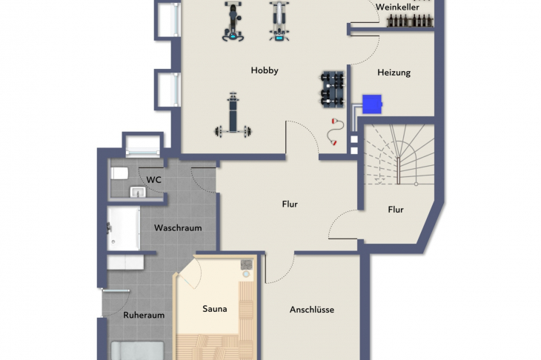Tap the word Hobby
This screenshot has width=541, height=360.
(x=265, y=71)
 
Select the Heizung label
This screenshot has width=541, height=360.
(x=394, y=73)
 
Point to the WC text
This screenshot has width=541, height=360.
(x=154, y=180)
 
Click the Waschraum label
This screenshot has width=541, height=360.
(x=177, y=228)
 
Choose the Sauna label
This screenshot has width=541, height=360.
(x=215, y=309)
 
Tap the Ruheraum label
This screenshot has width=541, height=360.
(x=144, y=315)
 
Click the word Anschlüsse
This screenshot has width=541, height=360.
(x=311, y=310)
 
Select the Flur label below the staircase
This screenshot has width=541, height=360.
(x=396, y=210)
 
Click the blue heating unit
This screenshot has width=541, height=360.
(x=372, y=104)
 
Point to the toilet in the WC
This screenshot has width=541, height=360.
(x=119, y=173)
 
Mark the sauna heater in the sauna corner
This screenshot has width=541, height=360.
(x=246, y=267)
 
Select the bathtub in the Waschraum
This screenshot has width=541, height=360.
(x=123, y=228)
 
